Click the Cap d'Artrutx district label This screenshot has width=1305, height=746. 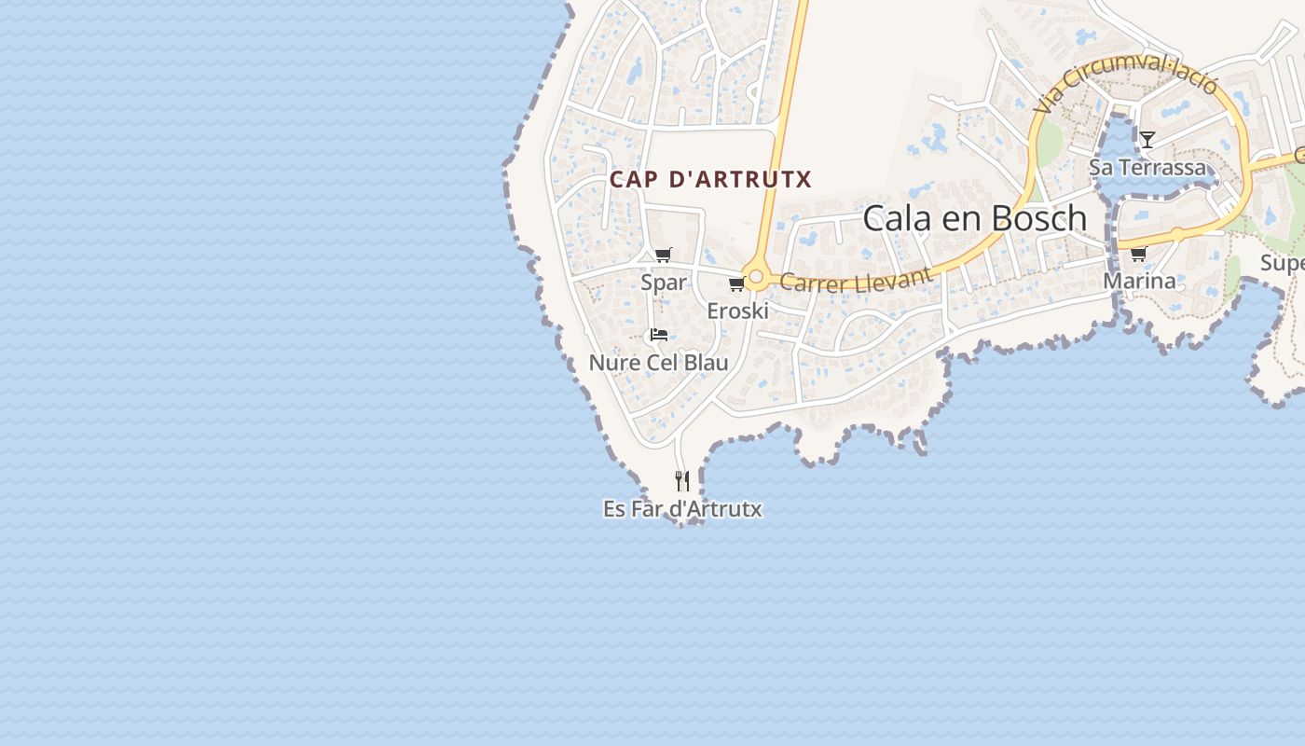pyautogui.click(x=710, y=179)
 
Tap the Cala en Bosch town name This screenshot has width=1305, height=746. pyautogui.click(x=974, y=218)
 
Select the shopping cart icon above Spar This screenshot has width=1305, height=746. pyautogui.click(x=664, y=255)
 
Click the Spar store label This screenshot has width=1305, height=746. pyautogui.click(x=664, y=282)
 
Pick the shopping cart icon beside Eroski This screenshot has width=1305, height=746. pyautogui.click(x=736, y=283)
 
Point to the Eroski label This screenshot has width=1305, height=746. pyautogui.click(x=737, y=311)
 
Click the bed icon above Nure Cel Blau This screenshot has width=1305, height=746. pyautogui.click(x=659, y=334)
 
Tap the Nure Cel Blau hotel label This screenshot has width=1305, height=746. pyautogui.click(x=658, y=362)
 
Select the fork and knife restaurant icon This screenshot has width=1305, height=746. pyautogui.click(x=682, y=481)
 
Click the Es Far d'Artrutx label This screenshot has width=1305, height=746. pyautogui.click(x=682, y=509)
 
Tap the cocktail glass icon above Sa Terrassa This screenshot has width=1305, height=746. pyautogui.click(x=1147, y=140)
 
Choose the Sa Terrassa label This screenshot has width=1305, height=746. pyautogui.click(x=1147, y=168)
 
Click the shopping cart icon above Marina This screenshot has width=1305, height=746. pyautogui.click(x=1138, y=254)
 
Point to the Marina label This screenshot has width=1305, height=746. pyautogui.click(x=1139, y=281)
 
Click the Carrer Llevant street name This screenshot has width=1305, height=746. pyautogui.click(x=856, y=279)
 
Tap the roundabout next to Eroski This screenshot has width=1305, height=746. pyautogui.click(x=756, y=277)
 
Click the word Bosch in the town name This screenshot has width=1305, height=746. pyautogui.click(x=1038, y=218)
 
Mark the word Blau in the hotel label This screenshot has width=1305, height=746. pyautogui.click(x=706, y=362)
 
